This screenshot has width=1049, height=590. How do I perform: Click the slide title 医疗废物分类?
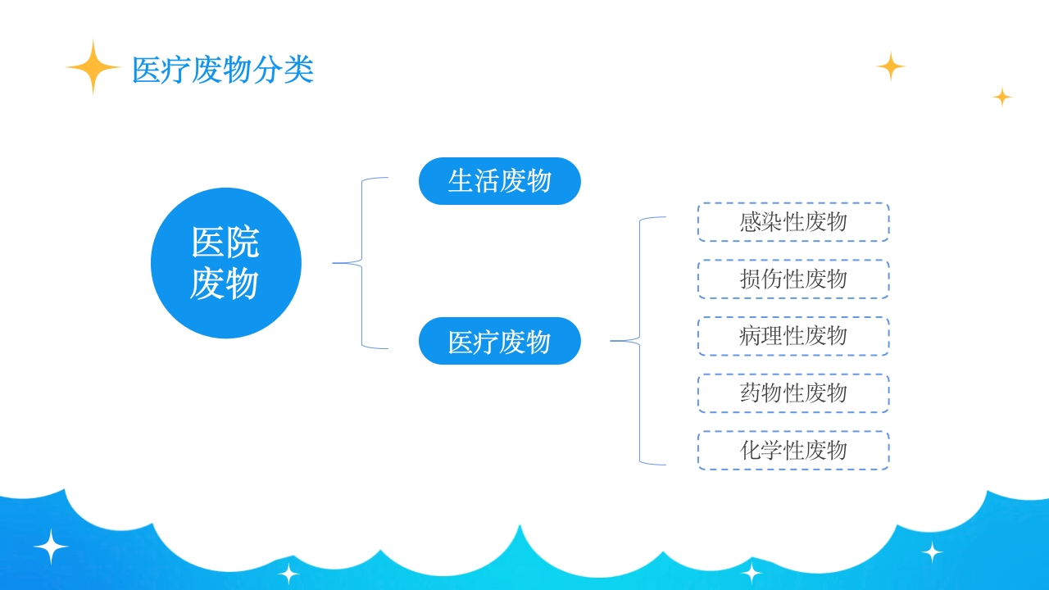click(222, 70)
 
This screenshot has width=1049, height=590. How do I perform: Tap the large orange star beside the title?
click(93, 67)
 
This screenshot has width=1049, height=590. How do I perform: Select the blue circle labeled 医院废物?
click(226, 263)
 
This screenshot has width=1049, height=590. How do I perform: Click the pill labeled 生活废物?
click(499, 181)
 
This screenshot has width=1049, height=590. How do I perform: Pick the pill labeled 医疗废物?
click(499, 341)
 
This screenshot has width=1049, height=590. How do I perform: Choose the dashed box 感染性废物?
click(793, 222)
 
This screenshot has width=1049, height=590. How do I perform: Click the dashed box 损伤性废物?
click(793, 279)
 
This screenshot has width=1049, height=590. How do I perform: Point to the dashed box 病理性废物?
click(793, 336)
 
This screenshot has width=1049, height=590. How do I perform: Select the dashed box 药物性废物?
click(793, 393)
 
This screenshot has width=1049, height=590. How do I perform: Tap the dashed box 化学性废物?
click(793, 451)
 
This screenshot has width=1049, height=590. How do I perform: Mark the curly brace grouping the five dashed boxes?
click(639, 341)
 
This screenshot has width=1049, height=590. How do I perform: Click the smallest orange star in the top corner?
click(1002, 97)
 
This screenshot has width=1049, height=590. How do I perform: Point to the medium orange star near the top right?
click(890, 66)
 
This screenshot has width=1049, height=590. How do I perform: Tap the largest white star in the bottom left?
click(51, 547)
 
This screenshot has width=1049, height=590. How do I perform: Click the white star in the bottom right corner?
click(932, 552)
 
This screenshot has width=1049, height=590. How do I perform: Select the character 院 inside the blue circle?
click(243, 243)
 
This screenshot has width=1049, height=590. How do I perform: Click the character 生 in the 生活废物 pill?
click(461, 181)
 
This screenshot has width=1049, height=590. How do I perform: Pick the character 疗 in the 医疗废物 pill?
click(487, 342)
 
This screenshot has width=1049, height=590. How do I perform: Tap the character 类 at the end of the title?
click(299, 70)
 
